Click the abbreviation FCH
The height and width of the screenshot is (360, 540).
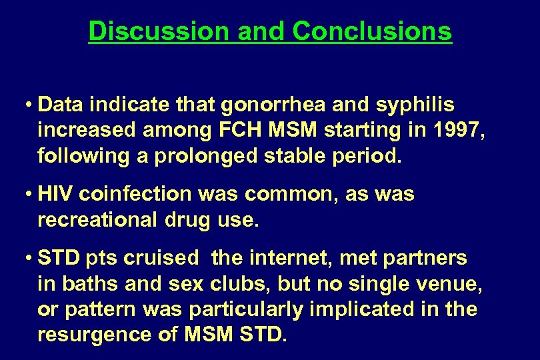232,130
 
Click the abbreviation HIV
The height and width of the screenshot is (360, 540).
56,194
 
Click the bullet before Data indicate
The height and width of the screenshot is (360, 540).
30,105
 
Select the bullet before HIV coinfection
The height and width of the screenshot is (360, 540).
30,195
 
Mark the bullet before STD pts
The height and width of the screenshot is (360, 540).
30,259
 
